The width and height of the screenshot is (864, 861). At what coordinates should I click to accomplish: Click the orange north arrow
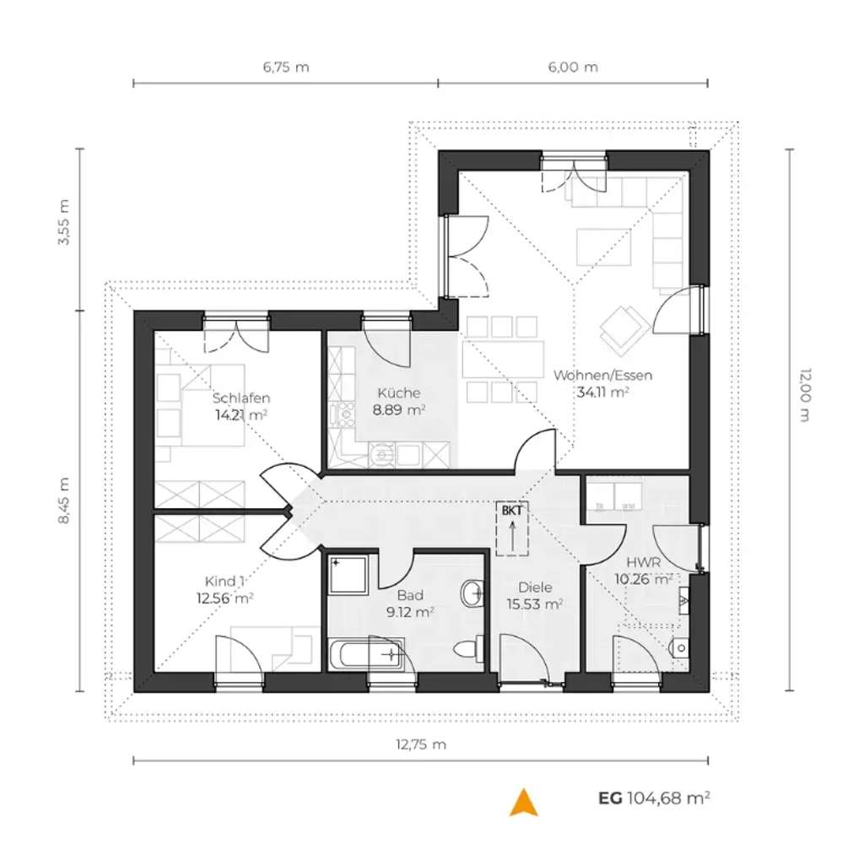[523, 803]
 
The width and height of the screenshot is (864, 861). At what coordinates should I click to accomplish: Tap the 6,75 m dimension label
[286, 68]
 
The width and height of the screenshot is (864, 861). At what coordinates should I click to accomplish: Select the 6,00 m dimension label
[573, 68]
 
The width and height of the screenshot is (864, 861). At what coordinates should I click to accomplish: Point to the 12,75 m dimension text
[420, 745]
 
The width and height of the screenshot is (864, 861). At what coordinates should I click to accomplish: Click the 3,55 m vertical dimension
[63, 223]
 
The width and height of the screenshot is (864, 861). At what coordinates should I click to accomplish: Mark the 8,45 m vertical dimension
[63, 501]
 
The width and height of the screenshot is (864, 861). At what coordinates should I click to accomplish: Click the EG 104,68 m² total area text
[654, 797]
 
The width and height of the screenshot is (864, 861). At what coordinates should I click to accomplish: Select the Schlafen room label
[241, 398]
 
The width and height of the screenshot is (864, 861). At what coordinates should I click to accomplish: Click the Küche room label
[399, 393]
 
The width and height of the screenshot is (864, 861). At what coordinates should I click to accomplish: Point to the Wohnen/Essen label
[602, 376]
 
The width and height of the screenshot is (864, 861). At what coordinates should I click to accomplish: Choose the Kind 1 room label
[226, 581]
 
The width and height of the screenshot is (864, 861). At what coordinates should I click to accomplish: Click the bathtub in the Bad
[365, 655]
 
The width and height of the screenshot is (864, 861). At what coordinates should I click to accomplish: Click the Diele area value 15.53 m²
[535, 604]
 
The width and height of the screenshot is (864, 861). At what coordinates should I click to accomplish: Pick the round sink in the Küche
[382, 456]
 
